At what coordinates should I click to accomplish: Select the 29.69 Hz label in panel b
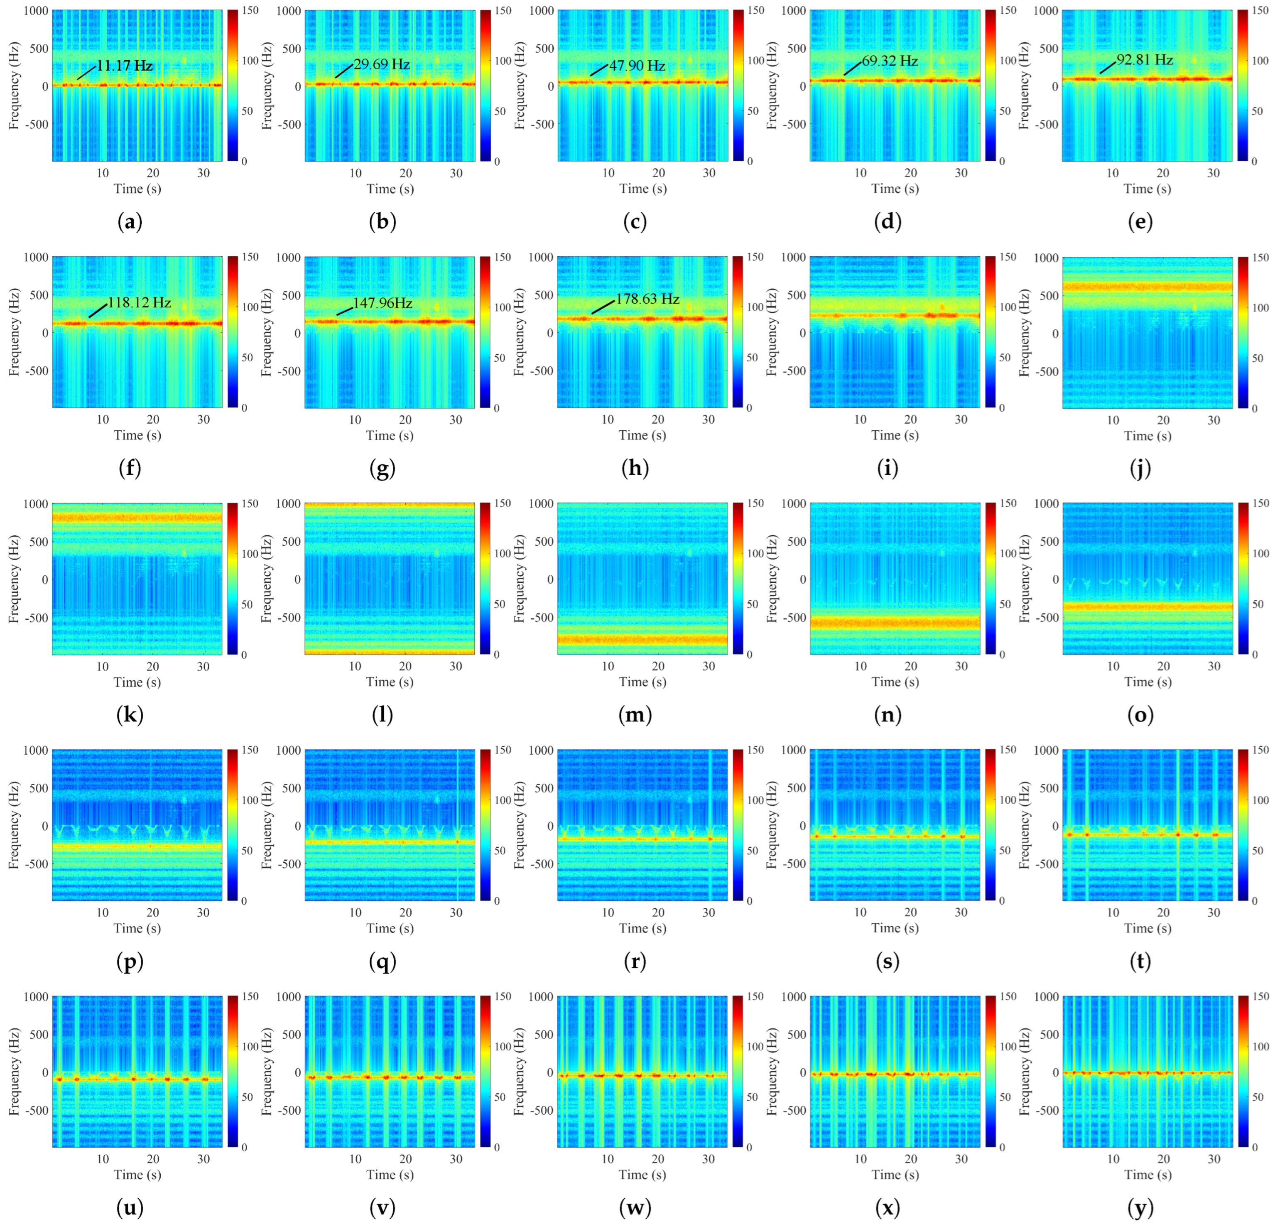381,64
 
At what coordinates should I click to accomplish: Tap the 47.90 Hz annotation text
637,66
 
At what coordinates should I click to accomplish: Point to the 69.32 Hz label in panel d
890,61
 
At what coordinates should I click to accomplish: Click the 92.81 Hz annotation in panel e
1145,60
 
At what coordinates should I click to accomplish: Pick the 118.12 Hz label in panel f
139,302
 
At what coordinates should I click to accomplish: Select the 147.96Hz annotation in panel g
382,303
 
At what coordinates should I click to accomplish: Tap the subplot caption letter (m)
635,715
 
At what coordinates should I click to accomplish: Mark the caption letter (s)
888,962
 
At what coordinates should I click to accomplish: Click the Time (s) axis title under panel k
137,682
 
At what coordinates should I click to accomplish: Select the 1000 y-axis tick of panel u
37,997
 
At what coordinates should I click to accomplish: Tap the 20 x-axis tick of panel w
658,1159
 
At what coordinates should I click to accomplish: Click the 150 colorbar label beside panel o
1260,503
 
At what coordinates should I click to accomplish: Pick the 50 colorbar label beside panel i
1004,357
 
